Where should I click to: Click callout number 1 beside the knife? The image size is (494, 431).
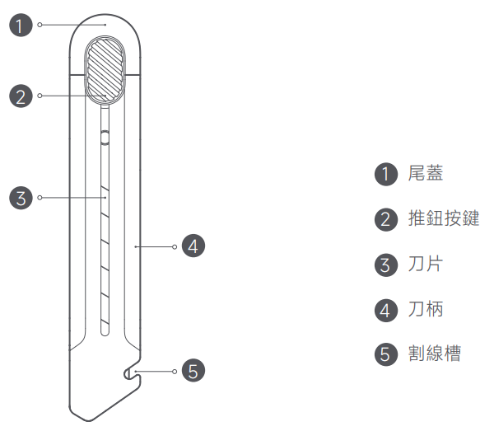[21, 25]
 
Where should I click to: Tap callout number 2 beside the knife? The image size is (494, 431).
[21, 96]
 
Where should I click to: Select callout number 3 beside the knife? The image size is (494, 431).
[21, 198]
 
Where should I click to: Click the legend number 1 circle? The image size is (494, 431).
[385, 175]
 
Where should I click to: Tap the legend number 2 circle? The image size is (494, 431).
[385, 220]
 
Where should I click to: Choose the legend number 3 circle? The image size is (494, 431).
[385, 265]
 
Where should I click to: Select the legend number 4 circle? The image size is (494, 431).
[385, 311]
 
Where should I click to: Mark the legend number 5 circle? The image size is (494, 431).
[385, 355]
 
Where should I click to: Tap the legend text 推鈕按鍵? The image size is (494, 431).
[443, 219]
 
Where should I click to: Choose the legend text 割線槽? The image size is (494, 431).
[435, 354]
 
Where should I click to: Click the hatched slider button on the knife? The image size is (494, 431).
[106, 68]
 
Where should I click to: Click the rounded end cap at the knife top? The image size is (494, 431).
[106, 29]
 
